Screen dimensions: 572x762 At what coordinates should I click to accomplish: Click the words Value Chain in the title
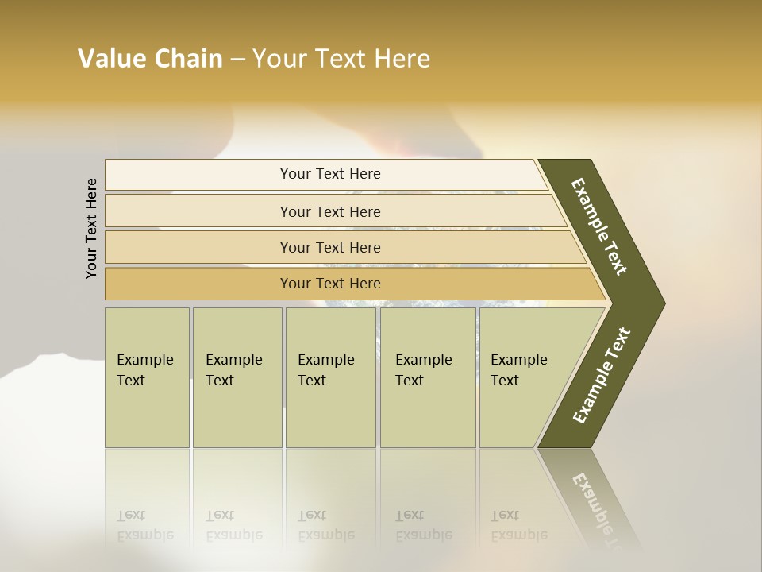point(150,59)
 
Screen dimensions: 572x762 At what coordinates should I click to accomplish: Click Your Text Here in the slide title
point(341,59)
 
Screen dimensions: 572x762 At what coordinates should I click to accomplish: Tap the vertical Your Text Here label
point(91,228)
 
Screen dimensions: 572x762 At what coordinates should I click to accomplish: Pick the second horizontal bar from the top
point(330,211)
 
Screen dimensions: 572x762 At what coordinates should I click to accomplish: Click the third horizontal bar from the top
point(330,247)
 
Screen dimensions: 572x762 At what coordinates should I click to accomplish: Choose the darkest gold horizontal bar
point(330,284)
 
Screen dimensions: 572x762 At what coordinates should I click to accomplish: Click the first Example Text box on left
point(147,377)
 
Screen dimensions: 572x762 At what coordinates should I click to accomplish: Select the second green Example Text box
point(237,377)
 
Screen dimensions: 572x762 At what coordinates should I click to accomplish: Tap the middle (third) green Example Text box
point(329,377)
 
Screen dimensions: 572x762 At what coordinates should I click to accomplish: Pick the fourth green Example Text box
point(428,377)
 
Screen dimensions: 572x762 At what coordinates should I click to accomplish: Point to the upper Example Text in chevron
point(599,226)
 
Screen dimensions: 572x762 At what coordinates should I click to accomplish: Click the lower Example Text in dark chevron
point(602,375)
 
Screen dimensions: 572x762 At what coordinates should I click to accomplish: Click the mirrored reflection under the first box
point(144,524)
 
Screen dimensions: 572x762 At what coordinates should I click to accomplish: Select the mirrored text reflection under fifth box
point(518,524)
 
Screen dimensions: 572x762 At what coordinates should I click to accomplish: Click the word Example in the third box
point(325,360)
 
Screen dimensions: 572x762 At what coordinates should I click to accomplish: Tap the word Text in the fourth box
point(410,381)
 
